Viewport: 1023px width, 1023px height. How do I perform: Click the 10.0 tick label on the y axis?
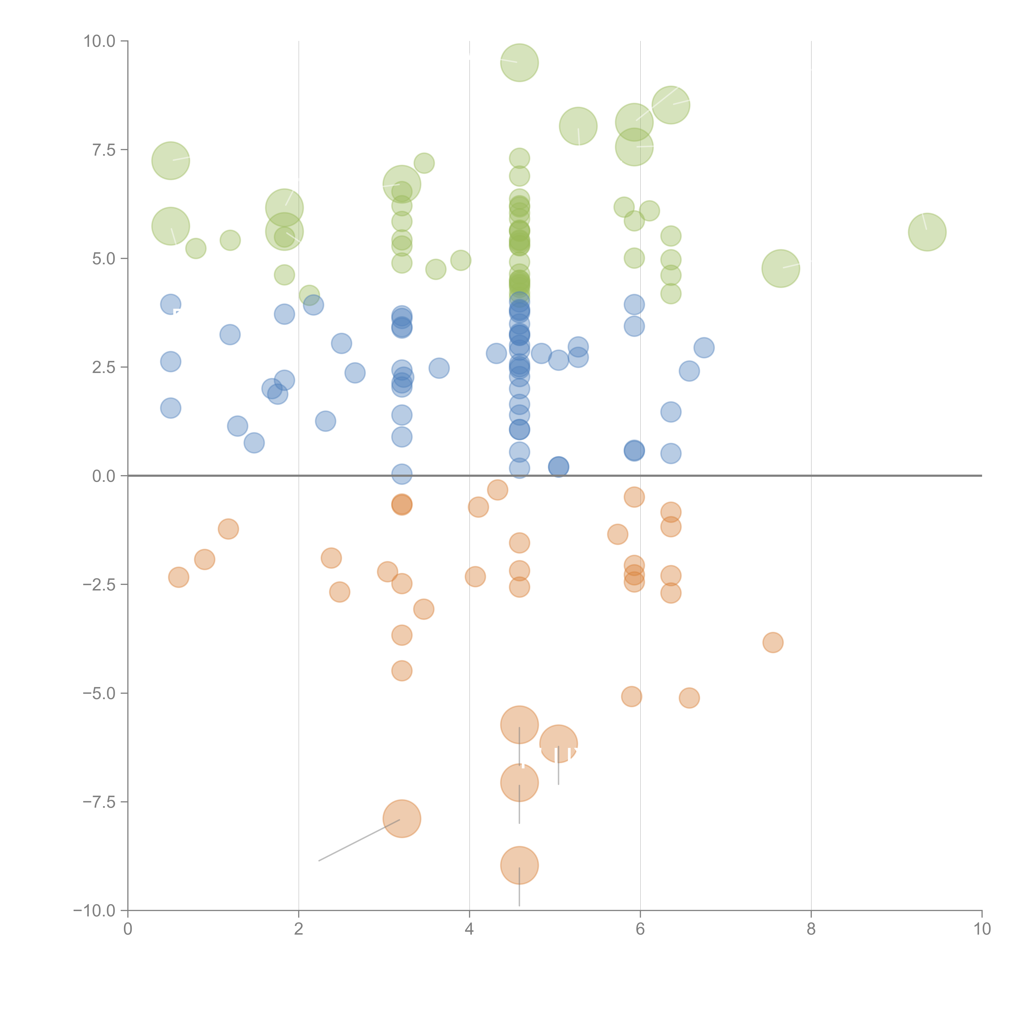pyautogui.click(x=100, y=41)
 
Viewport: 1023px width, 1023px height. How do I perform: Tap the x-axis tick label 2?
pyautogui.click(x=299, y=929)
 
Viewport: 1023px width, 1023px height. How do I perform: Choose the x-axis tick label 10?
pyautogui.click(x=982, y=929)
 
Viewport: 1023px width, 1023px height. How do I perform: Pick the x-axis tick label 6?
pyautogui.click(x=640, y=929)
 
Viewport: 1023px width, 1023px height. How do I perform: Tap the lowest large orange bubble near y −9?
pyautogui.click(x=519, y=865)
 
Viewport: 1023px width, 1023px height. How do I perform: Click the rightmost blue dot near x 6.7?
pyautogui.click(x=704, y=348)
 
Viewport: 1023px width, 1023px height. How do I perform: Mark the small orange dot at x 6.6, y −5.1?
pyautogui.click(x=689, y=698)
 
